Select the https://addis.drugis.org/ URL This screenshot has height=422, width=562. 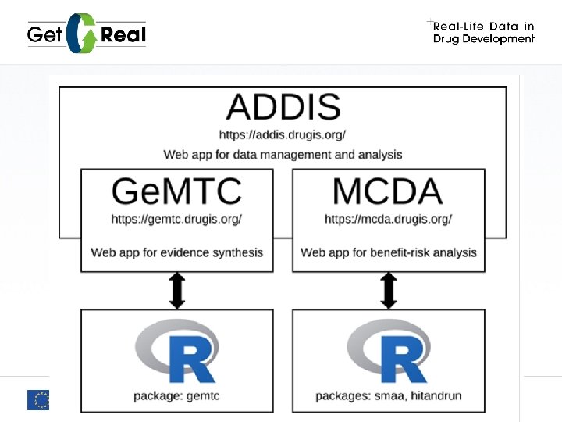tap(283, 134)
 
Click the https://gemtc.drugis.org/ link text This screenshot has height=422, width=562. tap(176, 219)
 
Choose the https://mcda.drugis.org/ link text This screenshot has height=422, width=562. tap(388, 219)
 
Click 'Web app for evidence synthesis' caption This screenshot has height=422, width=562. tap(177, 252)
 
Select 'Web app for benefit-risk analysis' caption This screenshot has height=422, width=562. tap(389, 252)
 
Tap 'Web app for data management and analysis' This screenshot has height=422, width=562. tap(283, 154)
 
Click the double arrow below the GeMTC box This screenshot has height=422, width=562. tap(177, 290)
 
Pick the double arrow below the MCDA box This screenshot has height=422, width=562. tap(389, 290)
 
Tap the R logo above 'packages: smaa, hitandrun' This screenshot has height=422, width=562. tap(388, 352)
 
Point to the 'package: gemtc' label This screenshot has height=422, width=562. tap(176, 396)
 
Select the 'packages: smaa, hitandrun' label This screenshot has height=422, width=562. tap(388, 396)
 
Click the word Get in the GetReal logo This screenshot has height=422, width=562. tap(45, 34)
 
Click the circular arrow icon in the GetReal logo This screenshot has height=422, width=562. tap(81, 34)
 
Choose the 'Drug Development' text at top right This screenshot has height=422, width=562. tap(484, 40)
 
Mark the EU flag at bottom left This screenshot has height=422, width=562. tap(37, 400)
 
